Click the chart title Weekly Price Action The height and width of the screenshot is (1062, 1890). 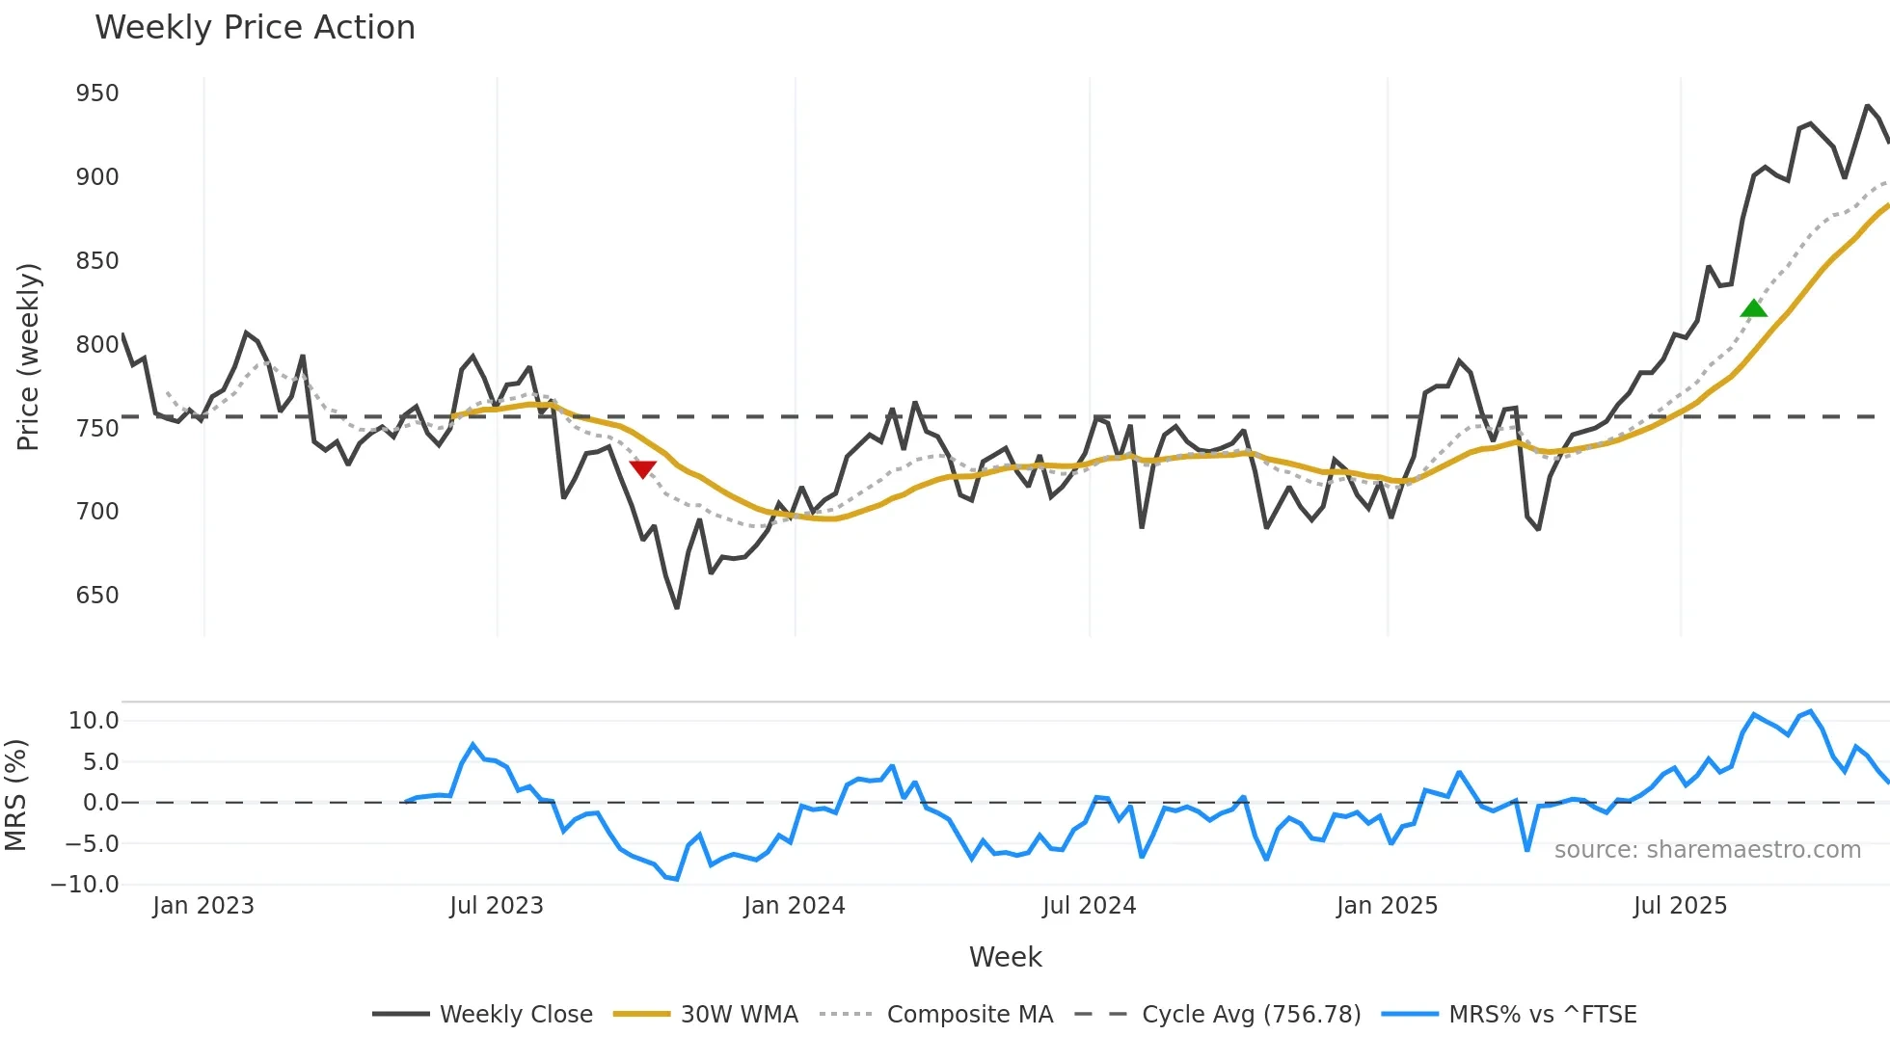(255, 28)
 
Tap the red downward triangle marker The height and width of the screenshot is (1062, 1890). (643, 469)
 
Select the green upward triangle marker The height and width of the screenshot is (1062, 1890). (1754, 308)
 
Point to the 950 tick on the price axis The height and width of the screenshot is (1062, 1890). (97, 93)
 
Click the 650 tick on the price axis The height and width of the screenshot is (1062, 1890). (97, 596)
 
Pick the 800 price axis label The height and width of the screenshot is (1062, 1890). (97, 345)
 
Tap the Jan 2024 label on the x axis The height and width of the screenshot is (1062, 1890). (794, 906)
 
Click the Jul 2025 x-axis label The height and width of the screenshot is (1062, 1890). (1680, 906)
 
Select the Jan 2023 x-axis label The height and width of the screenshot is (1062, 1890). (203, 906)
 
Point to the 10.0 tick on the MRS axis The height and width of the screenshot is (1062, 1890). (94, 721)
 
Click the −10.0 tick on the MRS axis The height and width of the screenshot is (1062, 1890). (86, 885)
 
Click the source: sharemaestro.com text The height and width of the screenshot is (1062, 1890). (1707, 850)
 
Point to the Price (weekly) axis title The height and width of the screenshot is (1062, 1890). (28, 357)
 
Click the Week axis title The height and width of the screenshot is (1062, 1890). (1005, 957)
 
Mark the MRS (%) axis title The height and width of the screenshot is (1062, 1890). (16, 795)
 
